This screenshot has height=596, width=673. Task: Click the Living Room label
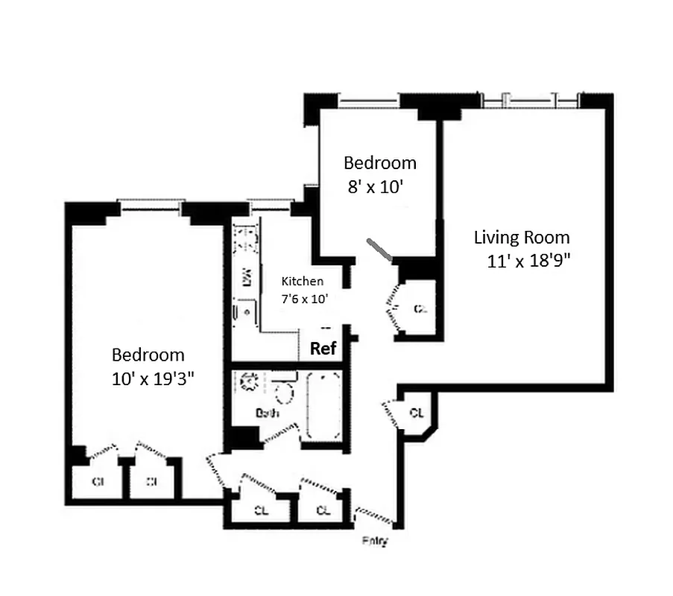tap(522, 238)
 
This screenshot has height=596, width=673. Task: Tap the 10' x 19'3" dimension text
tap(153, 378)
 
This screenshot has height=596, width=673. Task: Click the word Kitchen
tap(302, 282)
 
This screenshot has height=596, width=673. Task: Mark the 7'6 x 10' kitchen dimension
tap(303, 298)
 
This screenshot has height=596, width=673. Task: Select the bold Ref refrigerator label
tap(323, 348)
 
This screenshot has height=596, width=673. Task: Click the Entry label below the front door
tap(375, 542)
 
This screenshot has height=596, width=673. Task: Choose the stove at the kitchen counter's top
tap(244, 240)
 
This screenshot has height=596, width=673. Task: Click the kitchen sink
tap(243, 311)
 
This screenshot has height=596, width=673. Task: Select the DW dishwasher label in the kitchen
tap(245, 276)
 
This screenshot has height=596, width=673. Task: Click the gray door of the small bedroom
tap(381, 250)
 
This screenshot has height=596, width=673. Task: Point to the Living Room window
tap(529, 99)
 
